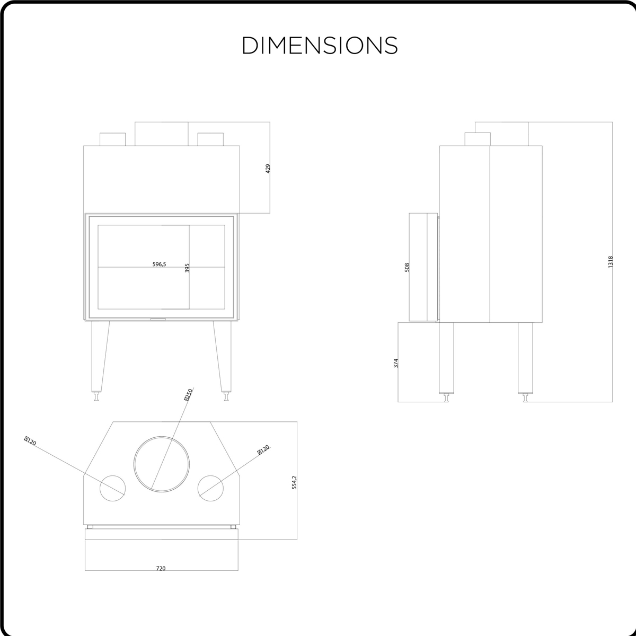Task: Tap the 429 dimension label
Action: pos(268,169)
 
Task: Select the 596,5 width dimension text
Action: pos(159,264)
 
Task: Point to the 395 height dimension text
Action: pos(187,268)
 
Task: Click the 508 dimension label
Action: pos(407,267)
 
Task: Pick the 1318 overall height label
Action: pos(610,262)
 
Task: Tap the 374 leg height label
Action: pos(396,363)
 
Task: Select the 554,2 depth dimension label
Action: pos(294,482)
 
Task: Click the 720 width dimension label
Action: pos(161,568)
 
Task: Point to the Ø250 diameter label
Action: pos(188,395)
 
